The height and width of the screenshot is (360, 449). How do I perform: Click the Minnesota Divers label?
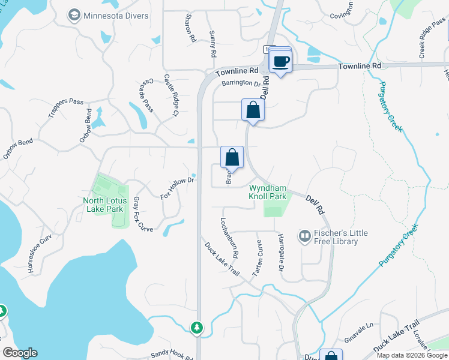(116, 16)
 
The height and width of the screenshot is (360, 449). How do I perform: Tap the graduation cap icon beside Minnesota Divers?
(74, 16)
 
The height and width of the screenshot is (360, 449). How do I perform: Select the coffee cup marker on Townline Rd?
(280, 61)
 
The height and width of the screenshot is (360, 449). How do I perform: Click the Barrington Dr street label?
(241, 84)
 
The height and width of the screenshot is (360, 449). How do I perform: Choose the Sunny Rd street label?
(212, 44)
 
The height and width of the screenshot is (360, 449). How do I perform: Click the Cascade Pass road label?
(148, 95)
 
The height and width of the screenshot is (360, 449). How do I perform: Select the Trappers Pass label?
(66, 101)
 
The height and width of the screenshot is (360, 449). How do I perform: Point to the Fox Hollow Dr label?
(178, 188)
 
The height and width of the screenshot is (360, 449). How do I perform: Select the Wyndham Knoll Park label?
(268, 192)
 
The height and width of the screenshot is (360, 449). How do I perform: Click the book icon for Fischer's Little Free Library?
(305, 237)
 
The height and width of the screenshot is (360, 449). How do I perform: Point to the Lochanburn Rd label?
(229, 238)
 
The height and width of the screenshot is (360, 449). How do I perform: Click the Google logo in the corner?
(20, 353)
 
